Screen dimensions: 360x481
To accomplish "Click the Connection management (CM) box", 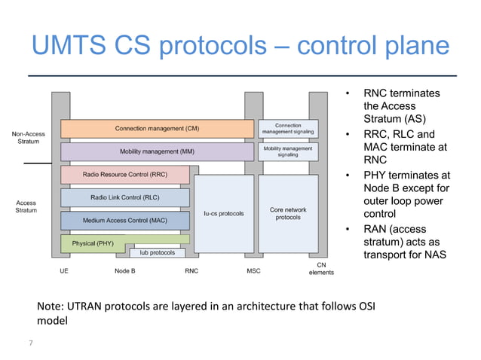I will click(157, 129).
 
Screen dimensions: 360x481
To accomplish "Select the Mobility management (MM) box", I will click(157, 151).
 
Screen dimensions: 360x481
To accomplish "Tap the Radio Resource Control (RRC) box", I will click(125, 175).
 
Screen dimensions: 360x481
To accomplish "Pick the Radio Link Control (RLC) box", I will click(125, 197).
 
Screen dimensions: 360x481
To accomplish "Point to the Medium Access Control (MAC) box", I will click(125, 221).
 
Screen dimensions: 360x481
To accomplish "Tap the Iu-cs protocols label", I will click(224, 213).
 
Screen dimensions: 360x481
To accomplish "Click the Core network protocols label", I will click(287, 213).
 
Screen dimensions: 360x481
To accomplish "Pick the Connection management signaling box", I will click(287, 129).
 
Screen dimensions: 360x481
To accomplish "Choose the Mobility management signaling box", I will click(287, 151).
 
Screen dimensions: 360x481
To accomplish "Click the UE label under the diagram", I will click(64, 270).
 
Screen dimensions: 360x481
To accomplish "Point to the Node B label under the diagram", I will click(125, 270).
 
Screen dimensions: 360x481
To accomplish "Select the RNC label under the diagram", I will click(191, 270).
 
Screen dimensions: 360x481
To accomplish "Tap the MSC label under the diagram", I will click(253, 270).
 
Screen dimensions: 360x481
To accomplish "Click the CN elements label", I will click(321, 268).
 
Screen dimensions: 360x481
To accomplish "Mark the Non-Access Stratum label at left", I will click(29, 138).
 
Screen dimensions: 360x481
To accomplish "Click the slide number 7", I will click(31, 343).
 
